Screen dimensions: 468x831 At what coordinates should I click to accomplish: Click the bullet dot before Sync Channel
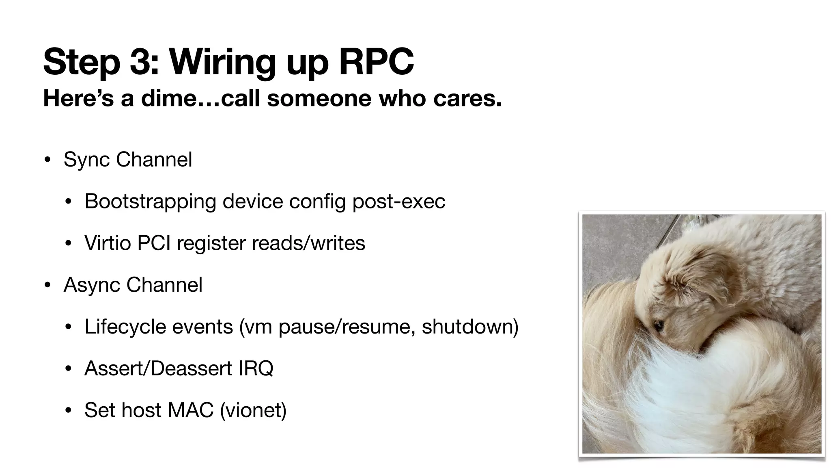[x=48, y=159]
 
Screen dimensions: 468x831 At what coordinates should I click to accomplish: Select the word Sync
[x=86, y=159]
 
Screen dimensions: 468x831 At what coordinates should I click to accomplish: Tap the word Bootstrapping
[x=150, y=201]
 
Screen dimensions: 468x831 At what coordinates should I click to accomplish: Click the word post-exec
[x=398, y=201]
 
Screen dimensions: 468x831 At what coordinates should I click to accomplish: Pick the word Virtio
[x=108, y=243]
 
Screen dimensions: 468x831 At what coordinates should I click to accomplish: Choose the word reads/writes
[x=308, y=243]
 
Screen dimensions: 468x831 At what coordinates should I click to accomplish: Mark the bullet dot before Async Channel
[x=48, y=285]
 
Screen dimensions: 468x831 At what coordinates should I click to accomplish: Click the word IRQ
[x=256, y=368]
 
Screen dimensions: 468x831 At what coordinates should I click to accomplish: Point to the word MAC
[x=190, y=410]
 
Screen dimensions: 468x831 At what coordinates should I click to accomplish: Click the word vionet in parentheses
[x=253, y=410]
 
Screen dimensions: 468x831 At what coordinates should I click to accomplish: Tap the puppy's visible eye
[x=658, y=325]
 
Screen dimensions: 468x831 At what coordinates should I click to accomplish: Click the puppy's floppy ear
[x=706, y=284]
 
